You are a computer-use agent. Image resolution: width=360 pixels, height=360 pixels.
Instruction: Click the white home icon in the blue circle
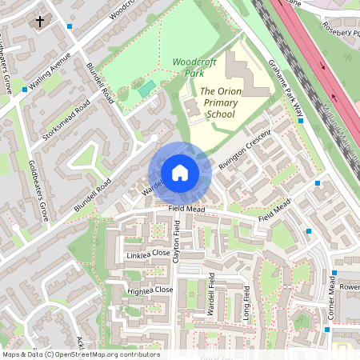point(180,173)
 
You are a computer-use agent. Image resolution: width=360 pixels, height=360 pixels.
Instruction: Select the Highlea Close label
point(150,290)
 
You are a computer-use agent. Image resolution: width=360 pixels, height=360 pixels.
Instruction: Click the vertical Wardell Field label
point(212,297)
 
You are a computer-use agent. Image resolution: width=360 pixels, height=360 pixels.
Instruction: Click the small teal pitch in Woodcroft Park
point(146,89)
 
